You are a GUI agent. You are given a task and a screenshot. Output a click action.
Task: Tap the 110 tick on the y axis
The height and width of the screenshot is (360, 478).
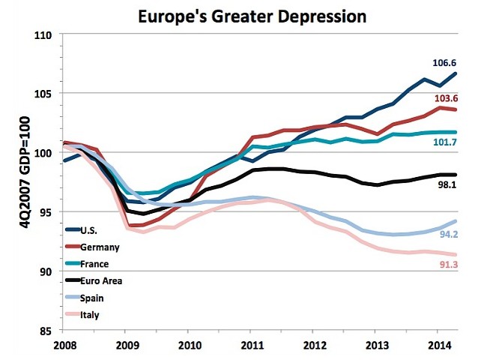coord(46,34)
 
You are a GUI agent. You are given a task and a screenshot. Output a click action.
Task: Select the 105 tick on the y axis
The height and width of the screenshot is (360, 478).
coord(46,94)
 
